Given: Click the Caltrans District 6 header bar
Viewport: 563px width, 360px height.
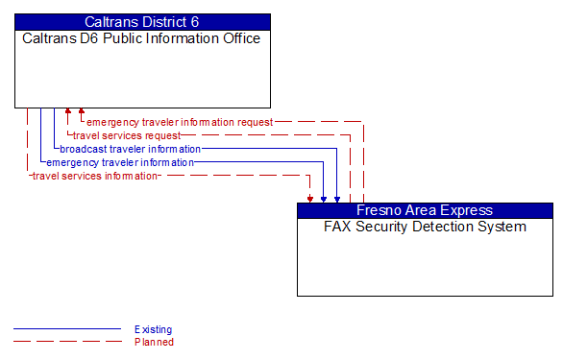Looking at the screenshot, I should (142, 21).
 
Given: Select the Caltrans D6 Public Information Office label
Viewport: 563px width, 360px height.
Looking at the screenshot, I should (142, 38).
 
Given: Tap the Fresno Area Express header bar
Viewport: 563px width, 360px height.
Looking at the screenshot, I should (425, 210).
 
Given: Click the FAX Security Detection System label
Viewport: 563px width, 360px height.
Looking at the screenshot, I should (425, 227).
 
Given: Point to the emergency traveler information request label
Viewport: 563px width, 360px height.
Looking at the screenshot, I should (180, 122).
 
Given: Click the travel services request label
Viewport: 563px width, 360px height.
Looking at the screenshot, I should (126, 135).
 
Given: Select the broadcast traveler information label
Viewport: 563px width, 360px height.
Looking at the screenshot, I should (131, 149).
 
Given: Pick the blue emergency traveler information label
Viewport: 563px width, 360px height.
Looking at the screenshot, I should (120, 162).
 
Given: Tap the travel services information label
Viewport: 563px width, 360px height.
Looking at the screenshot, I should (94, 176).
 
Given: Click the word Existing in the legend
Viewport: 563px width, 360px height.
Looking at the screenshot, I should (154, 329).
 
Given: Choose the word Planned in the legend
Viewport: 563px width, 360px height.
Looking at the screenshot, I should (154, 342).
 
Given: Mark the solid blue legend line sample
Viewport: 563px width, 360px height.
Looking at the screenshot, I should (66, 329).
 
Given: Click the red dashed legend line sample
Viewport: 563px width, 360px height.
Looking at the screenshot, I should (66, 342).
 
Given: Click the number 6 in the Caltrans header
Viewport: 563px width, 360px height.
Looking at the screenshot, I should (195, 21).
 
